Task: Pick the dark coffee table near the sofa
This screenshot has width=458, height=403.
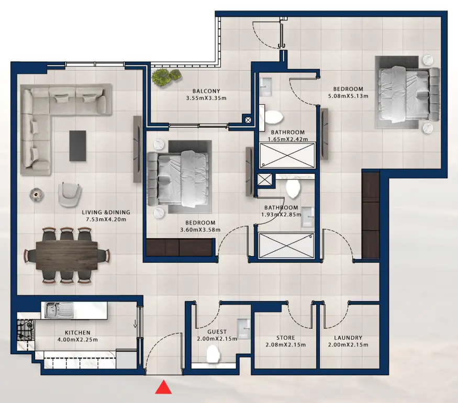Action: click(x=77, y=145)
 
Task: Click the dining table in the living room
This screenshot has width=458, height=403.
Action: click(x=67, y=255)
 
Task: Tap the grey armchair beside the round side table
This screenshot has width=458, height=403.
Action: click(x=70, y=194)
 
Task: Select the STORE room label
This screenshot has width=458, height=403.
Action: click(x=285, y=338)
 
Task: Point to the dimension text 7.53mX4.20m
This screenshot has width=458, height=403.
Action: click(x=106, y=219)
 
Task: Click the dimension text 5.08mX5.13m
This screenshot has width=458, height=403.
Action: click(x=348, y=96)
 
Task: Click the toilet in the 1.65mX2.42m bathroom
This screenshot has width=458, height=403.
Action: click(x=274, y=117)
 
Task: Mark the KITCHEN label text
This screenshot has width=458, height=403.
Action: click(x=77, y=332)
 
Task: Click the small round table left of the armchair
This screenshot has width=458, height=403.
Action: click(x=36, y=195)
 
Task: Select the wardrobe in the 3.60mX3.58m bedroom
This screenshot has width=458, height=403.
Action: click(x=180, y=247)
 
